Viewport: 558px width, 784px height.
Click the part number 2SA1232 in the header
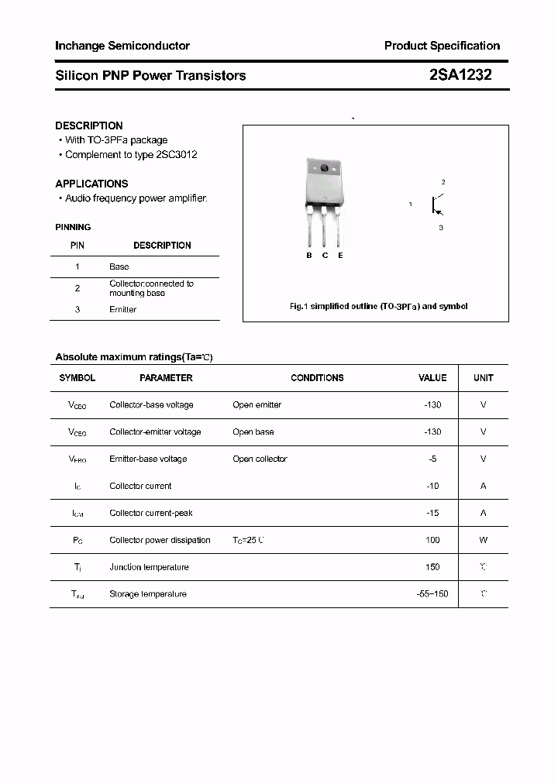[460, 75]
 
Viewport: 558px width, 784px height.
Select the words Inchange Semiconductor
[122, 46]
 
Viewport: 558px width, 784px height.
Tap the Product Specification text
[442, 46]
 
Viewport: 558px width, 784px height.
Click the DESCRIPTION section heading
[89, 126]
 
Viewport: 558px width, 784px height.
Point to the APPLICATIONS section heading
[91, 184]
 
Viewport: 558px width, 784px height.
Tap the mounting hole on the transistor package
[324, 168]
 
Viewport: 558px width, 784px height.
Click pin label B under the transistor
[308, 256]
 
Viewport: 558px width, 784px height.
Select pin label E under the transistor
[340, 256]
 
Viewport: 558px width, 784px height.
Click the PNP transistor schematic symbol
[436, 205]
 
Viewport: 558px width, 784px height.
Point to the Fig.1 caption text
[378, 307]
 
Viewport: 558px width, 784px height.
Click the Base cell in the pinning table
[119, 266]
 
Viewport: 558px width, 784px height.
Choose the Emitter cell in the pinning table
[123, 310]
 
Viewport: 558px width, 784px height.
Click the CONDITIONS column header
[317, 378]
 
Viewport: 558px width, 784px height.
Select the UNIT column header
[484, 378]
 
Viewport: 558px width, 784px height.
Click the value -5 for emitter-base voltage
[432, 459]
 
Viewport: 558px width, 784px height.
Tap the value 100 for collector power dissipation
[432, 540]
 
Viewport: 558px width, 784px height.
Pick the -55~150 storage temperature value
[432, 594]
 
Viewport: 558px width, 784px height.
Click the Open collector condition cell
[260, 459]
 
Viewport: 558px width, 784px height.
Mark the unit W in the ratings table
[484, 540]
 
